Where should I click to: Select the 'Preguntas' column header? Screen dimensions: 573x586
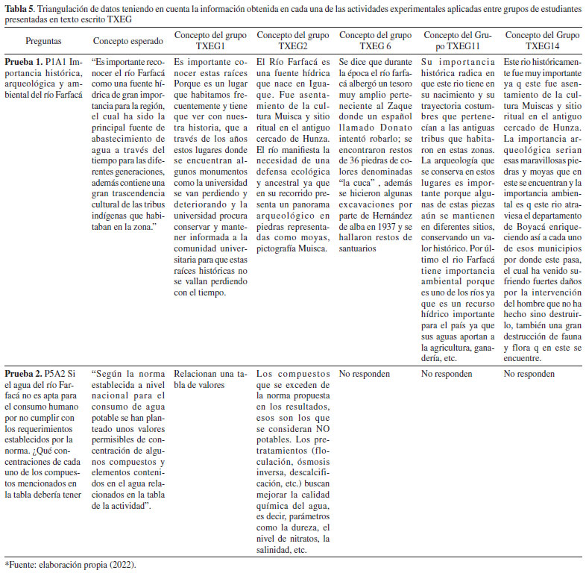(43, 41)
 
